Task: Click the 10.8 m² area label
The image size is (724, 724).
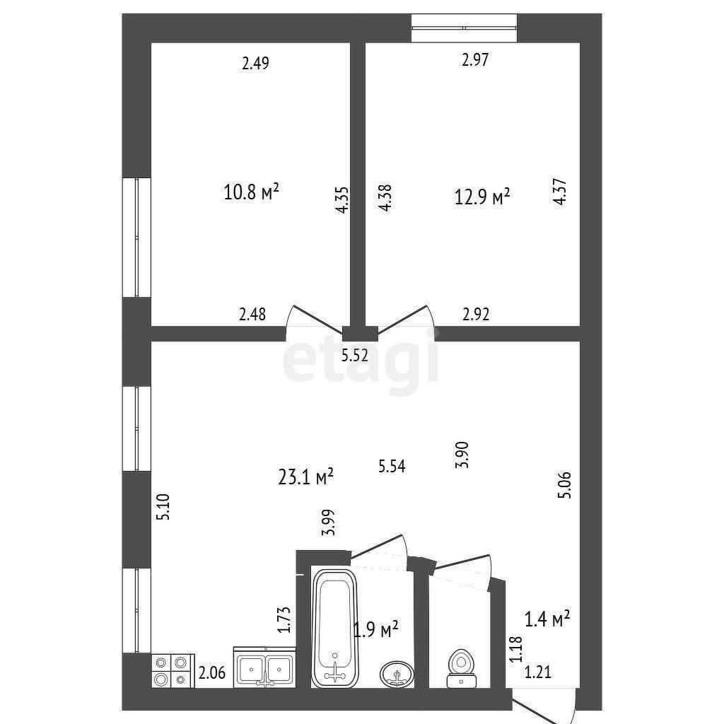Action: coord(251,192)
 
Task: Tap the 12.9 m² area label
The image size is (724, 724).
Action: coord(482,197)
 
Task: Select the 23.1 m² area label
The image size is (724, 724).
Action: coord(305,477)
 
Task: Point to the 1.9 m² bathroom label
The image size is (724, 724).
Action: coord(376,629)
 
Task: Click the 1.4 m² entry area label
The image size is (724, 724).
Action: coord(547,619)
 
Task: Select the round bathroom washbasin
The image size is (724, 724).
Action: coord(397,674)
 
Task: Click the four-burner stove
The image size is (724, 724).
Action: coord(173,671)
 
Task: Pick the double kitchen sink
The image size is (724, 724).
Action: coord(264,667)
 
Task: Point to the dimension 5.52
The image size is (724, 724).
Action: coord(355,356)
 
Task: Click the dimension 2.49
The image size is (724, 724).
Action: coord(255,63)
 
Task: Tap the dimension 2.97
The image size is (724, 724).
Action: coord(475,59)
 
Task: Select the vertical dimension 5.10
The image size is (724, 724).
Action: coord(164,507)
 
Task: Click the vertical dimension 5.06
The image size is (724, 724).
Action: coord(565,485)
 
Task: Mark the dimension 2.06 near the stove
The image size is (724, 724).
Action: coord(212,673)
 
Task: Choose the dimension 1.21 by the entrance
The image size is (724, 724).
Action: coord(538,672)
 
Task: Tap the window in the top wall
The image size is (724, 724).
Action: coord(464,28)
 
